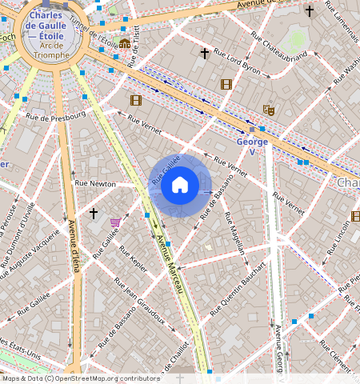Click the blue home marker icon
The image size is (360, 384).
(180, 186)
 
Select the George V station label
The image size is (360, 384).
(252, 146)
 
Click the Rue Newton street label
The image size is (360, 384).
(95, 184)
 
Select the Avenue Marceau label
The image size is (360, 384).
(170, 265)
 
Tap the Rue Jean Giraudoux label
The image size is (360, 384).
(144, 305)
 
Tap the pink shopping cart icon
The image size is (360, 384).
(116, 222)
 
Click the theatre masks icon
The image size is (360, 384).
(268, 110)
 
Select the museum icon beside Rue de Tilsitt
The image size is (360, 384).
(124, 43)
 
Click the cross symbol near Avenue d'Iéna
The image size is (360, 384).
(94, 214)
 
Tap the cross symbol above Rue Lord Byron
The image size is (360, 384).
(205, 54)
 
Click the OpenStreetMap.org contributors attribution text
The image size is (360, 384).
(102, 378)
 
